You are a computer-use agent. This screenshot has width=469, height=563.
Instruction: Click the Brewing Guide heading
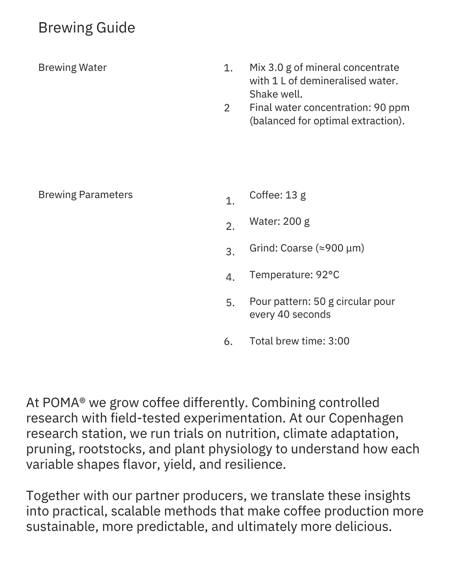coord(86,28)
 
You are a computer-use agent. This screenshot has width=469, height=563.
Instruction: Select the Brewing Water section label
coord(72,68)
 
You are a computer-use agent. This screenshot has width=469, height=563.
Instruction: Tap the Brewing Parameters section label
coord(85,195)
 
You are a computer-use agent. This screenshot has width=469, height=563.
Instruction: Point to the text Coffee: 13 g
coord(278,195)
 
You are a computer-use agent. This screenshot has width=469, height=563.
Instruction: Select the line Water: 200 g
coord(279,221)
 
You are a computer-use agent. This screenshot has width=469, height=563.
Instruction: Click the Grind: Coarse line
coord(306,248)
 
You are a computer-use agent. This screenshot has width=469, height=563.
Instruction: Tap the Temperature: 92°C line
coord(294,275)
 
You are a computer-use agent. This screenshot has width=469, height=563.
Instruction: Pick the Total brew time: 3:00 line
coord(299,341)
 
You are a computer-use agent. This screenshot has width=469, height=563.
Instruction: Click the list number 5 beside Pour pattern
coord(230,303)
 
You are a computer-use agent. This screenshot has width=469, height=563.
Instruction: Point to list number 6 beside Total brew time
coord(228,342)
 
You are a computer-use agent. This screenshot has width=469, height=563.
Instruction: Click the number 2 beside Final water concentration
coord(227,108)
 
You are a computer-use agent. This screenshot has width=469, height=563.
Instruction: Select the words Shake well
coord(276,94)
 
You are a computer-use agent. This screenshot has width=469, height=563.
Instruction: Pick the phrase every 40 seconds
coord(290,314)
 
